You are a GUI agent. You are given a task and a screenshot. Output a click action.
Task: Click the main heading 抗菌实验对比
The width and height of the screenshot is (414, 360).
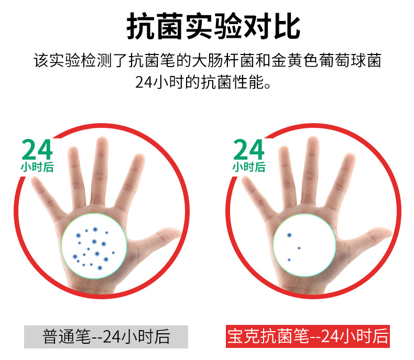[213, 26]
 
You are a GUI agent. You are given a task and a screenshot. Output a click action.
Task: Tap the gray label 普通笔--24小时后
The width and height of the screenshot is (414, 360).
[106, 336]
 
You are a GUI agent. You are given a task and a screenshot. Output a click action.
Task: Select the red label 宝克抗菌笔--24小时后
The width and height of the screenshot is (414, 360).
[308, 336]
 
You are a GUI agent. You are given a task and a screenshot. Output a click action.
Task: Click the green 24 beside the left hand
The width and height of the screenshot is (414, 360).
[37, 149]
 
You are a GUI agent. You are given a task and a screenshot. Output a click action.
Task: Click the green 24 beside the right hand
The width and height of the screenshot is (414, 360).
[249, 149]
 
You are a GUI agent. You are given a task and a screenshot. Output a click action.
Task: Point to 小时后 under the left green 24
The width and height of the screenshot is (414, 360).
[37, 167]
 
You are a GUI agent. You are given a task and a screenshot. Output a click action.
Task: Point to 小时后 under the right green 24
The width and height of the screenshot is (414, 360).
[249, 167]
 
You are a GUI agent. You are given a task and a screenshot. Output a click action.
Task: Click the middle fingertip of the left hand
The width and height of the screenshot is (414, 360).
[102, 143]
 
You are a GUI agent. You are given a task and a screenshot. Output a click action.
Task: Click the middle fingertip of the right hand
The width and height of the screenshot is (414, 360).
[313, 143]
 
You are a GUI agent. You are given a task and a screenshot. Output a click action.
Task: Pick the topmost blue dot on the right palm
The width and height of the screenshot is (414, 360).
[289, 235]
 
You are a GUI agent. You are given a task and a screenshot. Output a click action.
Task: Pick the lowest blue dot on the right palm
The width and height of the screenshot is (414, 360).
[289, 260]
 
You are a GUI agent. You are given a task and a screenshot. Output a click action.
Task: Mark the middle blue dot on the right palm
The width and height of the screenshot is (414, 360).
[299, 248]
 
